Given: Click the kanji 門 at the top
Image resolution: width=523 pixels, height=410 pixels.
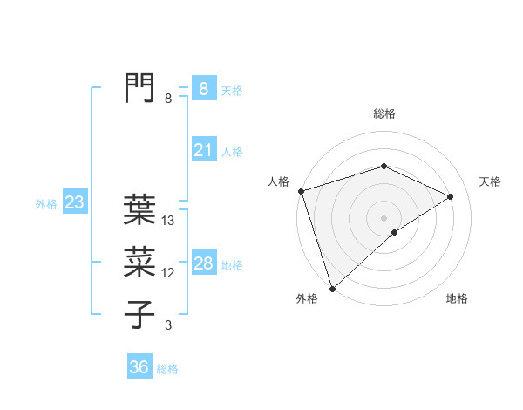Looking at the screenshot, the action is [x=139, y=88].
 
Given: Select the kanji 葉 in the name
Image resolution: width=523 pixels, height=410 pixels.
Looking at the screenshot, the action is [x=139, y=210].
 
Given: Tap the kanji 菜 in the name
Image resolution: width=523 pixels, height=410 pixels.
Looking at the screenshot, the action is [x=139, y=261].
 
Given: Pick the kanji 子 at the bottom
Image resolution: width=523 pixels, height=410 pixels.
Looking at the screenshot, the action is [x=139, y=313].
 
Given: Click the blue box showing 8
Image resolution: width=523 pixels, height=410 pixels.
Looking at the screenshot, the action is [x=203, y=89].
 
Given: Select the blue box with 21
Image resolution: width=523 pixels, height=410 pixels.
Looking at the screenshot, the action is [x=203, y=150].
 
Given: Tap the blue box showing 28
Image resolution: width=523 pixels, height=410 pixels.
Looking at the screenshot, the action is [x=203, y=263].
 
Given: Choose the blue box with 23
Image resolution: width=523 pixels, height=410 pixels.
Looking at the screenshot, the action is [x=74, y=203].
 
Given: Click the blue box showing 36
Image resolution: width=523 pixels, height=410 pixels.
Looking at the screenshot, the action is [x=139, y=367].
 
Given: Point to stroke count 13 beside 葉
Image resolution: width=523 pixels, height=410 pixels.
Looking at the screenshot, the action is [x=169, y=222].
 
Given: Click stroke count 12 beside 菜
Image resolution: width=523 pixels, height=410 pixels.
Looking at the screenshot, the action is [x=169, y=273].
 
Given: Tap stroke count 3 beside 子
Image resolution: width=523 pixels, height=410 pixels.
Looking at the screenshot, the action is [x=168, y=325].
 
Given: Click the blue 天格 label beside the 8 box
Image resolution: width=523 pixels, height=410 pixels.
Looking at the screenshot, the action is [x=231, y=91].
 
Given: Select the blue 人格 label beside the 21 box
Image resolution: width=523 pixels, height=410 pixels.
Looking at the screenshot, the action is [x=232, y=152].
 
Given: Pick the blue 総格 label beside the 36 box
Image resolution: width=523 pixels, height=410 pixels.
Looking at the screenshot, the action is [x=167, y=369].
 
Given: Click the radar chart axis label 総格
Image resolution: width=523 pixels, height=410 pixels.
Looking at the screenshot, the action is [x=384, y=114].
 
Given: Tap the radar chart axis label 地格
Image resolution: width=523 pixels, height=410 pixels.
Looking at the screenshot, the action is [x=457, y=299].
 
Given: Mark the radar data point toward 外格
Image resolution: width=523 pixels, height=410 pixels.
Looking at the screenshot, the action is [x=332, y=288].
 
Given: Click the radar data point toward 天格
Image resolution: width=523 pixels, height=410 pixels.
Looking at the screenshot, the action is [x=451, y=196].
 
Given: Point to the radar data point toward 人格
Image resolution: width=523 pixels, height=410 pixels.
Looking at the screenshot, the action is [x=301, y=191].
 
